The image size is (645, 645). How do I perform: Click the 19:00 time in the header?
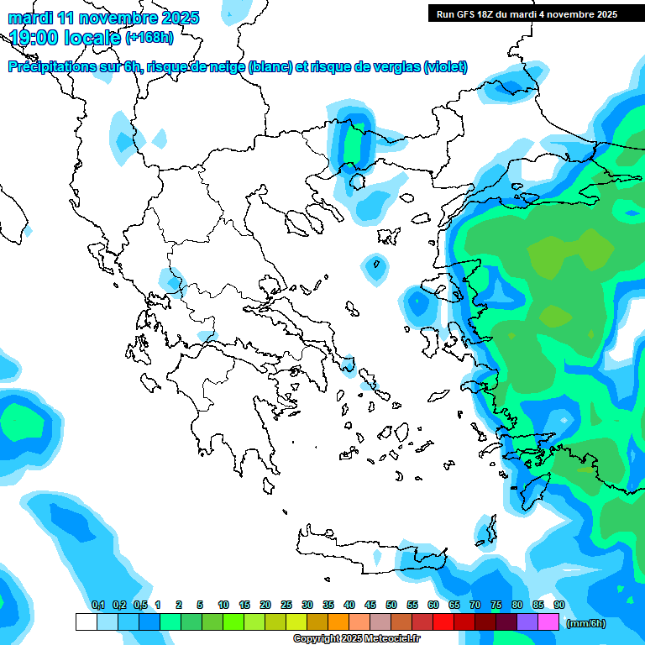click(x=35, y=37)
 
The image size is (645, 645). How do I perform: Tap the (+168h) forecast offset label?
click(x=149, y=37)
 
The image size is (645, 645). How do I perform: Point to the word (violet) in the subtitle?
click(x=445, y=67)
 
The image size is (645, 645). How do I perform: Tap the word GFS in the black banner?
click(x=464, y=13)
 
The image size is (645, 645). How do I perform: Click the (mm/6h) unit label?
click(x=585, y=623)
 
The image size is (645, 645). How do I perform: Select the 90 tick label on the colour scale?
click(x=559, y=605)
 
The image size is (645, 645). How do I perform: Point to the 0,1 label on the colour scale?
click(x=98, y=605)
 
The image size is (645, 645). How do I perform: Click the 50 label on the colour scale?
click(x=391, y=605)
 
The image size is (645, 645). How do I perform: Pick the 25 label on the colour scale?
click(x=286, y=605)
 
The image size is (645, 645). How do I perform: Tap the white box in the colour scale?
click(x=86, y=622)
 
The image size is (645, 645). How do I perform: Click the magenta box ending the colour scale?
click(x=548, y=622)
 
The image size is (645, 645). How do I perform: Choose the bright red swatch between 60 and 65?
click(x=443, y=622)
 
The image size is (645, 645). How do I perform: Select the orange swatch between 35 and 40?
click(x=338, y=622)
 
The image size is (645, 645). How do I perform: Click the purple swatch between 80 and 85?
click(x=527, y=622)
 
